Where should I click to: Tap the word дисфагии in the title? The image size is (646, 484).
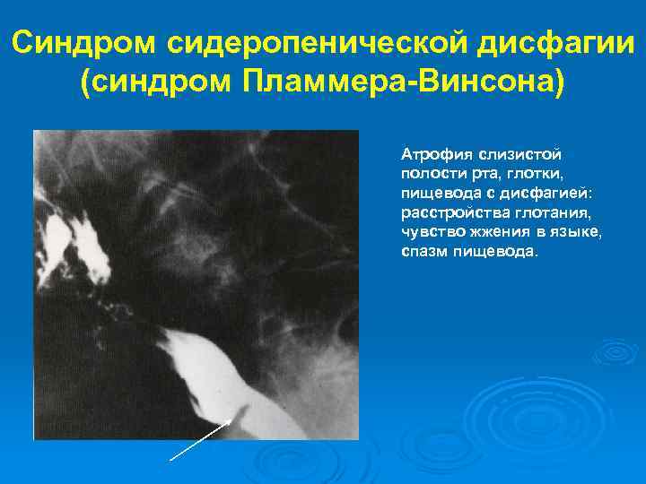point(548,42)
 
